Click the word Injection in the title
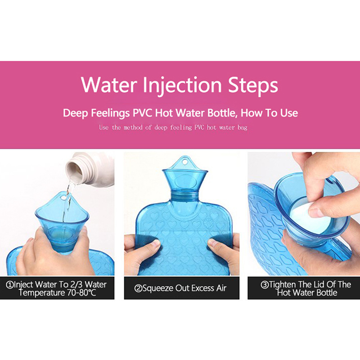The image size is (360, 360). click(x=182, y=85)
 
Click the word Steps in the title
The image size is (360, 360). click(x=253, y=85)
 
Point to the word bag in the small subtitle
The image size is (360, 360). click(x=243, y=128)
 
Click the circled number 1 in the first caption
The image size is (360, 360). click(x=9, y=285)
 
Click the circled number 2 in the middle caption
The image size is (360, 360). click(x=138, y=288)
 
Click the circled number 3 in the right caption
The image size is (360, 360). click(x=265, y=285)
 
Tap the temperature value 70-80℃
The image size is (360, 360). click(x=82, y=293)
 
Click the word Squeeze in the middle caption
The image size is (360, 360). click(x=158, y=288)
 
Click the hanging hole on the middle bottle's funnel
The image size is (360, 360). click(x=184, y=162)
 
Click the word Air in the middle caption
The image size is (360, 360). click(x=221, y=288)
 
